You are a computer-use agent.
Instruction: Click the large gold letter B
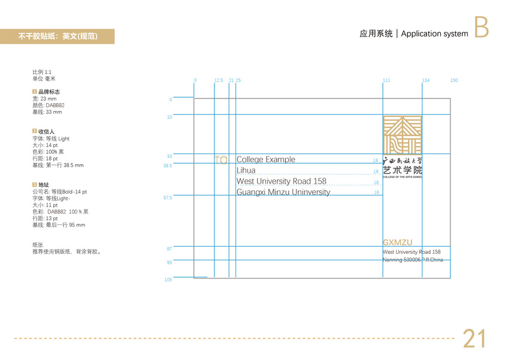click(481, 28)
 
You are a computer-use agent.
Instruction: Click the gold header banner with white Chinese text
click(58, 37)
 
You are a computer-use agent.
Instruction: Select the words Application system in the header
click(434, 34)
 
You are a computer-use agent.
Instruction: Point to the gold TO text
click(220, 160)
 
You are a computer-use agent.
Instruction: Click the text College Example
click(266, 160)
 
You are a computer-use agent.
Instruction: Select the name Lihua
click(246, 170)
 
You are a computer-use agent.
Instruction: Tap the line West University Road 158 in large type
click(282, 181)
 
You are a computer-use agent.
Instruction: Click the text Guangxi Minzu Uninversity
click(283, 193)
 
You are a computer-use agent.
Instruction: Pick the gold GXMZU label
click(398, 243)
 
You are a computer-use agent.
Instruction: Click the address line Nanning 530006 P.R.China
click(412, 260)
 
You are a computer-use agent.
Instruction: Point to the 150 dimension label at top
click(454, 80)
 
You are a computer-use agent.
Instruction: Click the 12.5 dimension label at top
click(219, 80)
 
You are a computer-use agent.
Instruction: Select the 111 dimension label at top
click(386, 80)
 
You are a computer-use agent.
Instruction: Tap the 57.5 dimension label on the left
click(168, 197)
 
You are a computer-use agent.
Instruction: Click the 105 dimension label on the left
click(168, 280)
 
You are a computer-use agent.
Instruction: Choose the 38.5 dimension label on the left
click(168, 166)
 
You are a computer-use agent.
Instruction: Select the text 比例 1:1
click(42, 72)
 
